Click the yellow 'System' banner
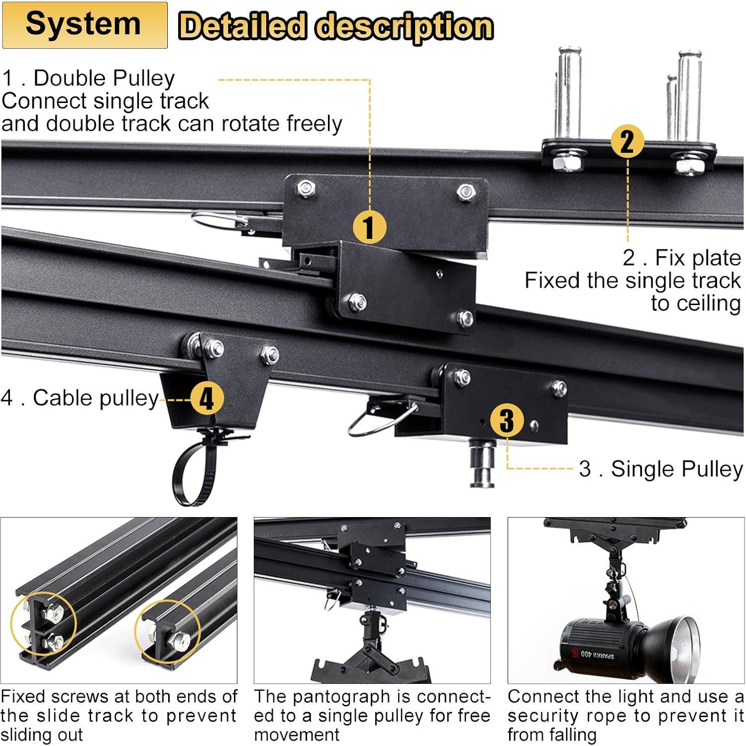[84, 25]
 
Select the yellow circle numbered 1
[369, 227]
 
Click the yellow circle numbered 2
[627, 141]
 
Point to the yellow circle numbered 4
[206, 398]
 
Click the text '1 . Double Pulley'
[89, 78]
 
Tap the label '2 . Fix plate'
[681, 257]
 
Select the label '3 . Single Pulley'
[660, 469]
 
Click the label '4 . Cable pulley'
[80, 398]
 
